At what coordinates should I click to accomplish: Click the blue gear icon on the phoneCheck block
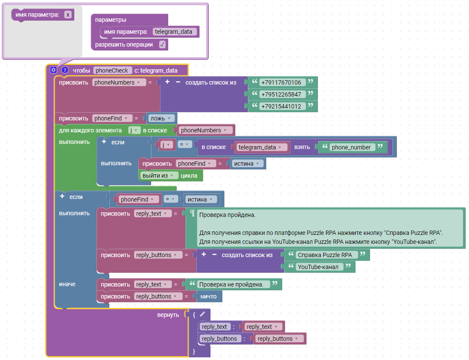(53, 70)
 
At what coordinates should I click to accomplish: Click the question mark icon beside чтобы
(65, 70)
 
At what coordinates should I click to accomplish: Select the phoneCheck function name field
(112, 70)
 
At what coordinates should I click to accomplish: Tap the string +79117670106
(281, 82)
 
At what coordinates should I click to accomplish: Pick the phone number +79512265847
(281, 94)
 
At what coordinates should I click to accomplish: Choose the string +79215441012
(281, 106)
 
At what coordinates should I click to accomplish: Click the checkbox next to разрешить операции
(162, 44)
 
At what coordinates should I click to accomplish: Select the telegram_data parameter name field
(174, 32)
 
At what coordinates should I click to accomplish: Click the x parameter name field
(68, 15)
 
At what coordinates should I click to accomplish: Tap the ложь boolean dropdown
(161, 118)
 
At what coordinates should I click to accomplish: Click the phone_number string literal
(351, 147)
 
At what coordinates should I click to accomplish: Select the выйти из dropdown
(158, 176)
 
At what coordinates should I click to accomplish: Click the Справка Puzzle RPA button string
(325, 255)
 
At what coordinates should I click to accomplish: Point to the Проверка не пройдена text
(232, 284)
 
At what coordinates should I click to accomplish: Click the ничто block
(208, 297)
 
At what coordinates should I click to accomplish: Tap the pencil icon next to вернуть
(202, 314)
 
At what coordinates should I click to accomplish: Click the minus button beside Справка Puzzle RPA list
(214, 255)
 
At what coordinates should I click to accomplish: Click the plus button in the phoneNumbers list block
(167, 82)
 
